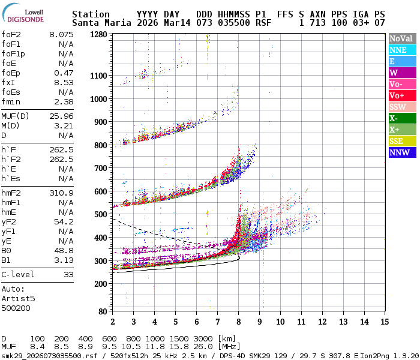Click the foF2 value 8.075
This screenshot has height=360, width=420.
[x=61, y=34]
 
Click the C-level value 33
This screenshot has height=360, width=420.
[x=68, y=274]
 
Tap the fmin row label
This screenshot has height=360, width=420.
[x=11, y=101]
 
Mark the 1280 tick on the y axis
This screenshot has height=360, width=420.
[x=98, y=34]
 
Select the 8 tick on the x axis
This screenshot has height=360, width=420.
[x=239, y=322]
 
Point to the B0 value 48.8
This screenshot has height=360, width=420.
[x=64, y=250]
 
